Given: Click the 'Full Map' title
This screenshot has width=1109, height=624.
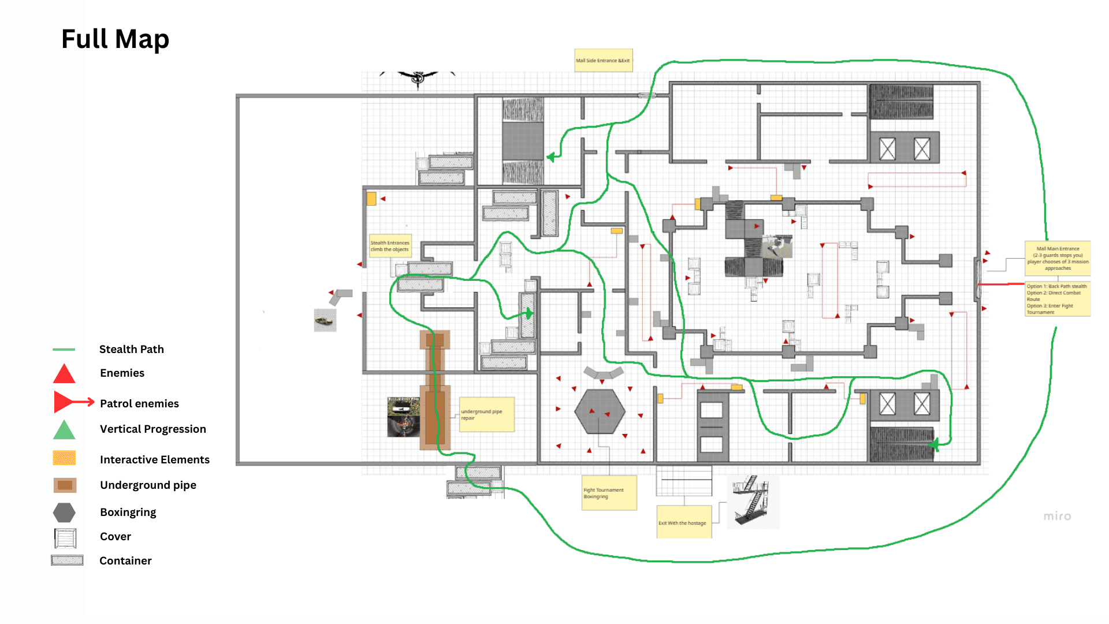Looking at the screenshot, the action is tap(115, 39).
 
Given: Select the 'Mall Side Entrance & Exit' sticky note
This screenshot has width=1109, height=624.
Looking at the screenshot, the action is tap(603, 60).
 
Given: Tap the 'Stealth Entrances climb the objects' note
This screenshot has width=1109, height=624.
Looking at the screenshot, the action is tap(390, 246).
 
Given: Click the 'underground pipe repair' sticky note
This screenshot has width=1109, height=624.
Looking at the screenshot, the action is tap(486, 414).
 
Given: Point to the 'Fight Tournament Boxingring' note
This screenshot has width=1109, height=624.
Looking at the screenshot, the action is tap(609, 493).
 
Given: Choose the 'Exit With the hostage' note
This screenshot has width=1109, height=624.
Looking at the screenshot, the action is tap(683, 522).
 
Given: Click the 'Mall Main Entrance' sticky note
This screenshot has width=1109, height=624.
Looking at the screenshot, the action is tap(1057, 258).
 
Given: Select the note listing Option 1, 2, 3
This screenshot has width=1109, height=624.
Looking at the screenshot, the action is tap(1057, 299).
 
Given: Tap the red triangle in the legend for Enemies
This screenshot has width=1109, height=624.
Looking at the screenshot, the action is tap(64, 374).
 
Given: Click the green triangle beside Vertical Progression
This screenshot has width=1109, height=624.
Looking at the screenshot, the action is tap(64, 430).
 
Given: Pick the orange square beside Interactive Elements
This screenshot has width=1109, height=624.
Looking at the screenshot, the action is tap(64, 458).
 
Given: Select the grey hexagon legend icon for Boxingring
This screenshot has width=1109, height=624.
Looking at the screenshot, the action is tap(64, 512).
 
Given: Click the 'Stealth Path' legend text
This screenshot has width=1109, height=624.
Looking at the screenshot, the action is tap(131, 349).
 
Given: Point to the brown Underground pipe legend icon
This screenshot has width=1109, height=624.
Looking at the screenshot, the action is tap(65, 485).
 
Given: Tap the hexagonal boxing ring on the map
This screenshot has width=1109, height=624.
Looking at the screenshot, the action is tap(600, 411).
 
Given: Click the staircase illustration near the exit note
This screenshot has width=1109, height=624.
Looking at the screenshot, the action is tap(752, 501).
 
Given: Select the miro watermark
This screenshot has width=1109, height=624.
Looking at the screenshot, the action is tap(1057, 516).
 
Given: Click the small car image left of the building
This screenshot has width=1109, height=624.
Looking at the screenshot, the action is tap(325, 320).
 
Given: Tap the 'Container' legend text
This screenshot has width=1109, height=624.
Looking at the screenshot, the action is tap(125, 560).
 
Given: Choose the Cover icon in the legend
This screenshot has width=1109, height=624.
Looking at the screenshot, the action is tap(65, 538).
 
